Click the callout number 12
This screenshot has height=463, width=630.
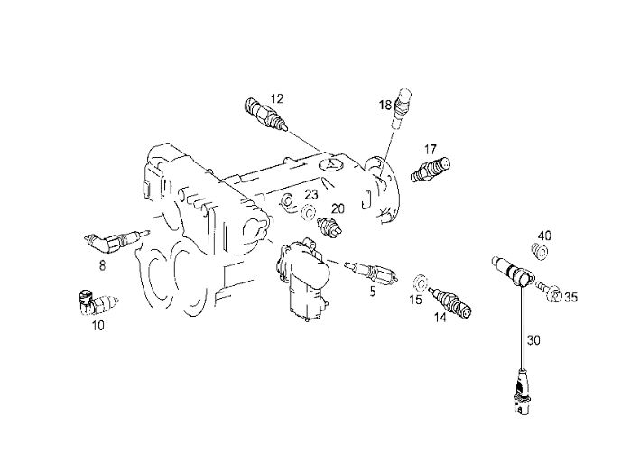click(277, 98)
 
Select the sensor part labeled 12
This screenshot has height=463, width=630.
click(266, 114)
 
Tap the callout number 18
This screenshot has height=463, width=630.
click(385, 106)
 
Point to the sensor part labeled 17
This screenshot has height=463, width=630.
click(431, 170)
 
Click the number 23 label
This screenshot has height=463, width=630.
click(311, 195)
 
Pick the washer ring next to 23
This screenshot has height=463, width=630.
click(308, 212)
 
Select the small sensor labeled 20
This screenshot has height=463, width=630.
click(329, 227)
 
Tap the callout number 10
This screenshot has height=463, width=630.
click(97, 325)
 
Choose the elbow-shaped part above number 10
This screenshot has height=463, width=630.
click(97, 303)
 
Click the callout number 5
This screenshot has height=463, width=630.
click(373, 292)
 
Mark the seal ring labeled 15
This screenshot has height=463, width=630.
click(420, 282)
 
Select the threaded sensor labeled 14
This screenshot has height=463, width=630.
click(450, 302)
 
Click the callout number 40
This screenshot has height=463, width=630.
click(544, 236)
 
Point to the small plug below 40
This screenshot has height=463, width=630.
click(540, 252)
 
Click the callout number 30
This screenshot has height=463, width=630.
click(533, 340)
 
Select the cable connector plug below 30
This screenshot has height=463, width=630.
click(521, 392)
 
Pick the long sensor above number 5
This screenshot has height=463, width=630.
click(372, 272)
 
